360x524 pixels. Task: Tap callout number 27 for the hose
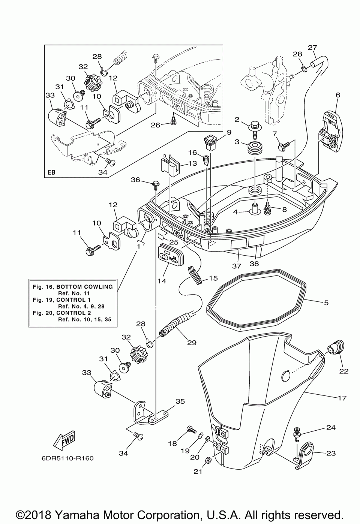[x=312, y=48]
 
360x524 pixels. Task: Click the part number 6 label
[x=338, y=95]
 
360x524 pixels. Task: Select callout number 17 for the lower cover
[x=342, y=398]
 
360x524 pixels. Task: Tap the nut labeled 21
[x=209, y=460]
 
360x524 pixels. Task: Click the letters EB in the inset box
[x=51, y=173]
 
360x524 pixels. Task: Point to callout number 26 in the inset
[x=155, y=124]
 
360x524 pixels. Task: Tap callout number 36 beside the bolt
[x=135, y=180]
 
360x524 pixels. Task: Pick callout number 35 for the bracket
[x=180, y=401]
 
